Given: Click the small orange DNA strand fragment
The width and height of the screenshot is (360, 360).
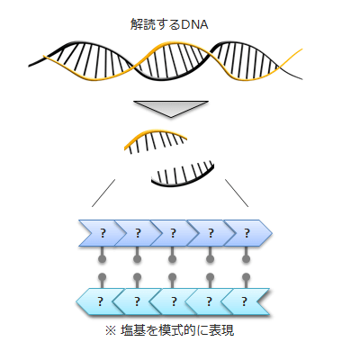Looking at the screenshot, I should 157,138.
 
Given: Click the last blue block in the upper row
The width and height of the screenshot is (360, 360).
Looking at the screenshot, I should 246,234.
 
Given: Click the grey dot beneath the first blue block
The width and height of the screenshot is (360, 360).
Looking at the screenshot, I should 103,258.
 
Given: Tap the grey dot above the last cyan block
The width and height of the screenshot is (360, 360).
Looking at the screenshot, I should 246,276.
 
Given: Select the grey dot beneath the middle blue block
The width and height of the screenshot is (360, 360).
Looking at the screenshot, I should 173,258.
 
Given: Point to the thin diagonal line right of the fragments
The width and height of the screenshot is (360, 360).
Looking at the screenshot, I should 237,191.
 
